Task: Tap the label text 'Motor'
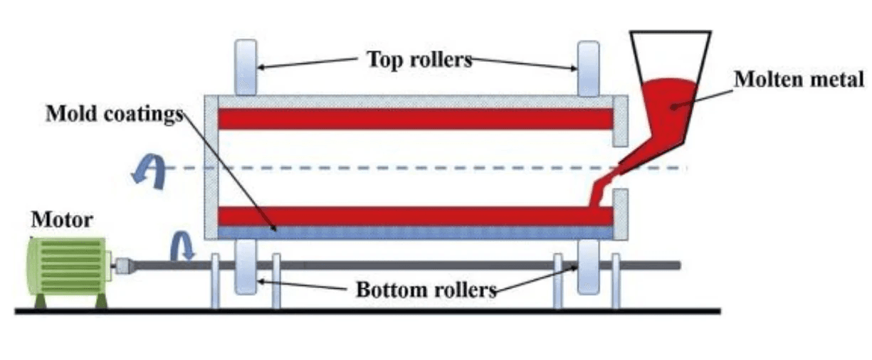(61, 221)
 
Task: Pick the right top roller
(588, 68)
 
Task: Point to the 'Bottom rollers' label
(426, 290)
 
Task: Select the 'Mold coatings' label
(114, 114)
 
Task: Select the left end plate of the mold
(211, 167)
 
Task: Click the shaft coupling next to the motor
(123, 266)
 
